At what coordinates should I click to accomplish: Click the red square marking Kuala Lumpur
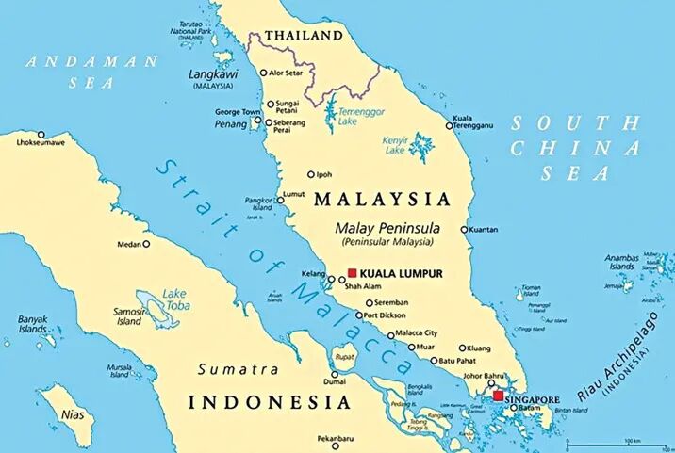pos(353,273)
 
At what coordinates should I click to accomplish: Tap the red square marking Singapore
pos(498,396)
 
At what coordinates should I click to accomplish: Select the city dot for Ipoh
pos(311,174)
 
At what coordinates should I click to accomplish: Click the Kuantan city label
pos(485,229)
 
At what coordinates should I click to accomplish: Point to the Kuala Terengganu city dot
pos(450,126)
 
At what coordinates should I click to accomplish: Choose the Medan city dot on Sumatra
pos(145,244)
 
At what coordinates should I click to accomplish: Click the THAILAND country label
pos(304,36)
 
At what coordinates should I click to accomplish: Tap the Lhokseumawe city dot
pos(41,134)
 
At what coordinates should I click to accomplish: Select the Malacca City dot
pos(391,334)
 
